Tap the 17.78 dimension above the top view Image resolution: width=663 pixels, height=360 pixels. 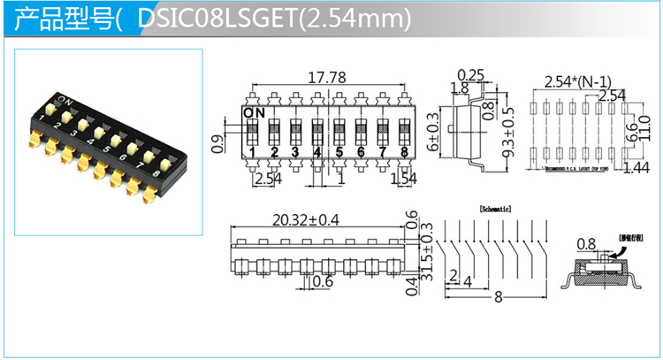coord(326,77)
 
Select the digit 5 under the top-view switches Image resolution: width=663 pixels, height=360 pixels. coord(339,153)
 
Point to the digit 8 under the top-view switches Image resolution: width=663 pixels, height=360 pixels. coord(404,153)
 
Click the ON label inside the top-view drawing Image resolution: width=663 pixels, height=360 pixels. coord(254,112)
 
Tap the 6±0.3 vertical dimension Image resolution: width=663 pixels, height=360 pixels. coord(433,134)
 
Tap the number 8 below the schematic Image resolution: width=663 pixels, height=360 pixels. coord(498,298)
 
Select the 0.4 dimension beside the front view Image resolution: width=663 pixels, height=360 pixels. coord(413,286)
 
